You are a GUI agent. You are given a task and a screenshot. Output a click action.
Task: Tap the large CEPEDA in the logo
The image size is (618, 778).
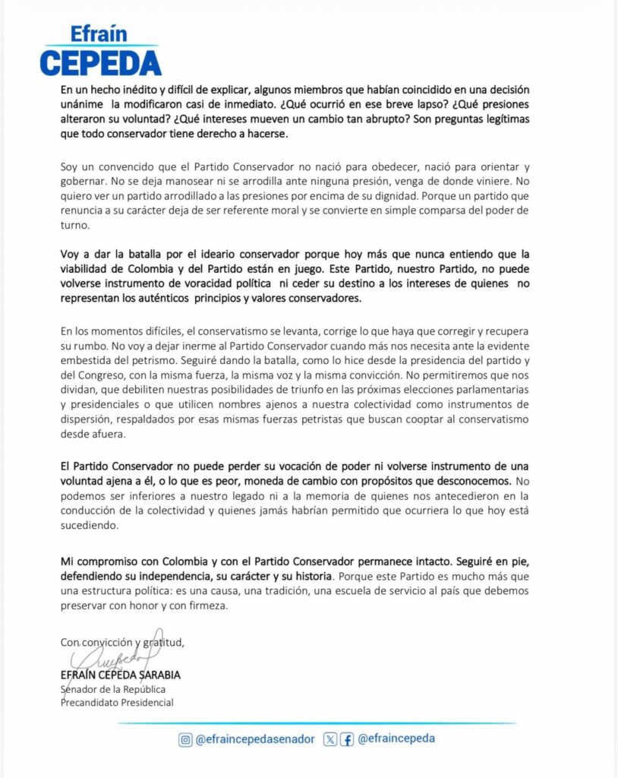[x=100, y=62]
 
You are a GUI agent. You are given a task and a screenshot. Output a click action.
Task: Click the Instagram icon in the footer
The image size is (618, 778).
[x=184, y=739]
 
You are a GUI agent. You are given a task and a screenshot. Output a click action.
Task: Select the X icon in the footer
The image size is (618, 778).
[x=329, y=739]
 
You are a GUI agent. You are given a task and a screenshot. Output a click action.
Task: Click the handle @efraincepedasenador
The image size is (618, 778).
[x=254, y=739]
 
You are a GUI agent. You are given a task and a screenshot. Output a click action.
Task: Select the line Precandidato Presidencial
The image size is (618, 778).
[x=117, y=702]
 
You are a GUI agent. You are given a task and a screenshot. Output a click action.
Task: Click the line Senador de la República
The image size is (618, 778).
[x=113, y=689]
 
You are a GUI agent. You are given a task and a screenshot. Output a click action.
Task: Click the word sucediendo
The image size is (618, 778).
[x=90, y=525]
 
